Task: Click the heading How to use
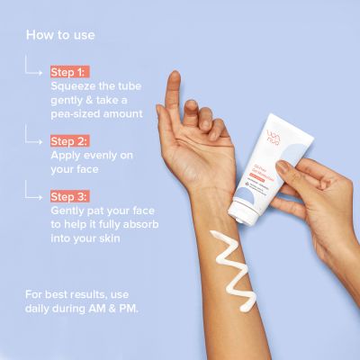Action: tap(60, 35)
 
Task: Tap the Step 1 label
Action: tap(69, 71)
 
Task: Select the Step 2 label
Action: tap(70, 141)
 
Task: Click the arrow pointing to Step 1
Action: tap(34, 68)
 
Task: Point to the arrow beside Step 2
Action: tap(34, 138)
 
